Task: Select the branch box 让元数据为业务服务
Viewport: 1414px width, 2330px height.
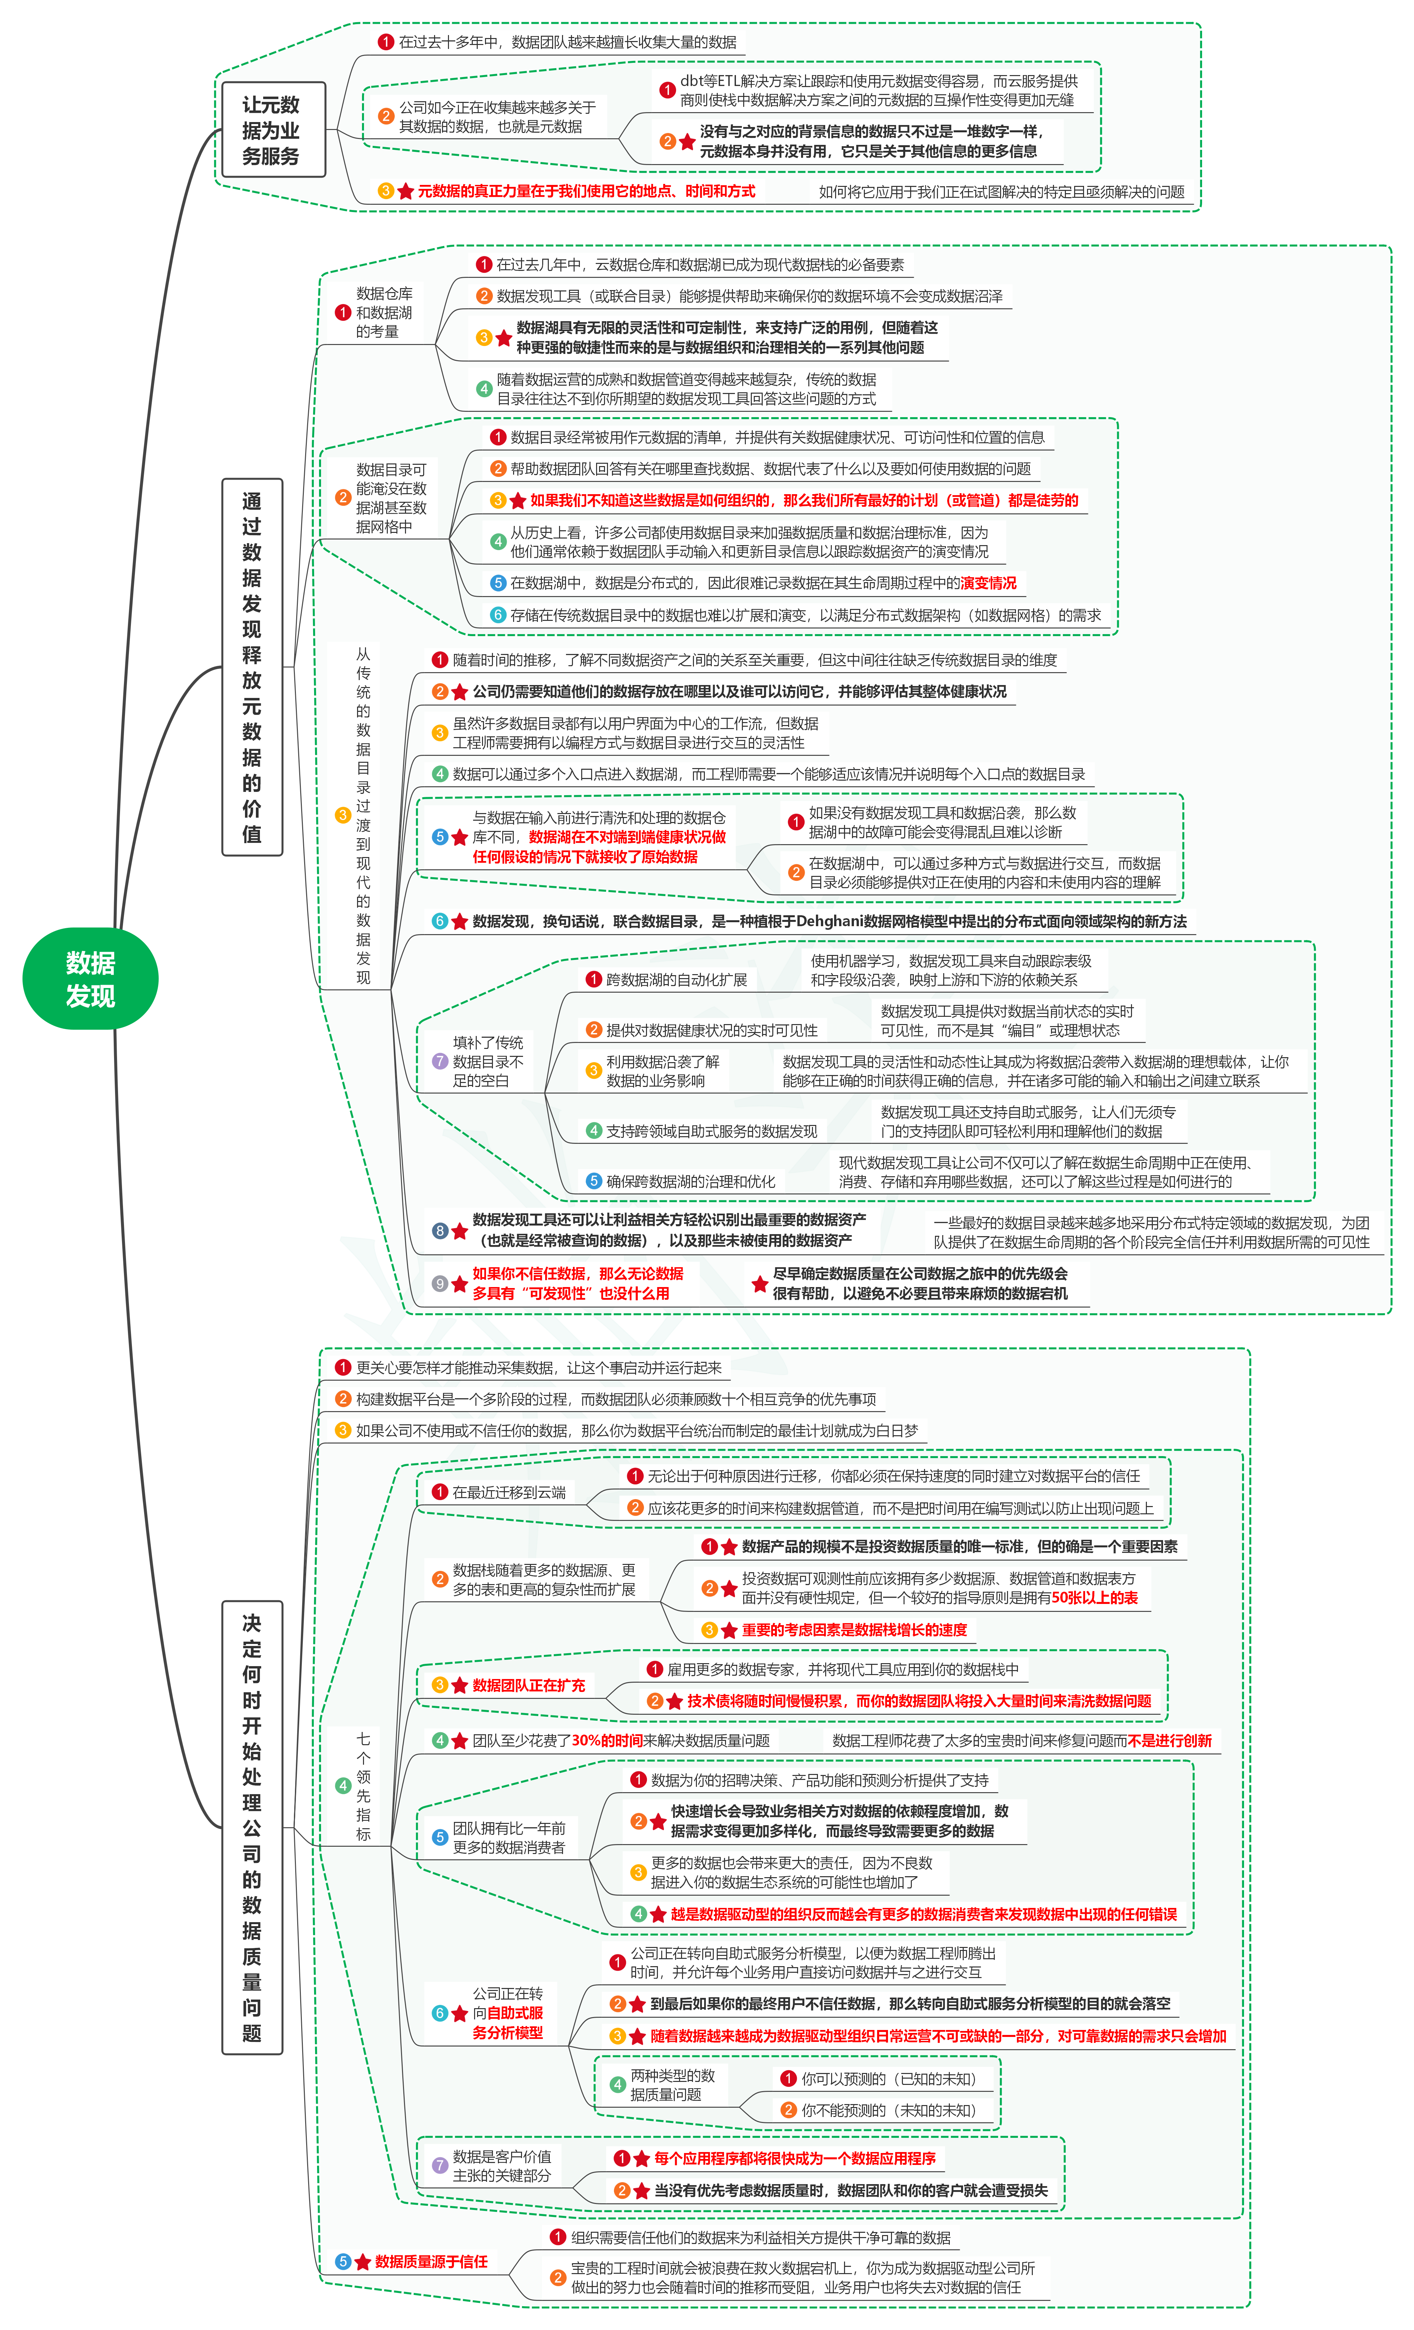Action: coord(271,131)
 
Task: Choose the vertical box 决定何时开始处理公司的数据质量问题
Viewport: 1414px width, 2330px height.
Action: coord(251,1827)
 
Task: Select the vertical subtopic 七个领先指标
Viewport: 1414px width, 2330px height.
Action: coord(363,1785)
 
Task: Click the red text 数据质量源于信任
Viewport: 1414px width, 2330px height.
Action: coord(431,2261)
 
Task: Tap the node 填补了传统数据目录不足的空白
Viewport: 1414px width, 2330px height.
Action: coord(488,1061)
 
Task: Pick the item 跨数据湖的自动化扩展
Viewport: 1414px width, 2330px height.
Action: coord(676,980)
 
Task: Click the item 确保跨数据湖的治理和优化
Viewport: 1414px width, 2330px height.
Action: coord(690,1181)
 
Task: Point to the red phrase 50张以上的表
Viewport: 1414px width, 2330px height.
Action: coord(1095,1597)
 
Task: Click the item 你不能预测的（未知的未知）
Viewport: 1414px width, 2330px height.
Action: coord(888,2129)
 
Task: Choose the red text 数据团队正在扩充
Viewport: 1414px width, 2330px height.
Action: coord(528,1685)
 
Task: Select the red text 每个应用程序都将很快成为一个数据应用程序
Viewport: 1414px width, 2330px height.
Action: coord(794,2158)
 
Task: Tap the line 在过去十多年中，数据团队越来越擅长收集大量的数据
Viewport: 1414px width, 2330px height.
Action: coord(567,42)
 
